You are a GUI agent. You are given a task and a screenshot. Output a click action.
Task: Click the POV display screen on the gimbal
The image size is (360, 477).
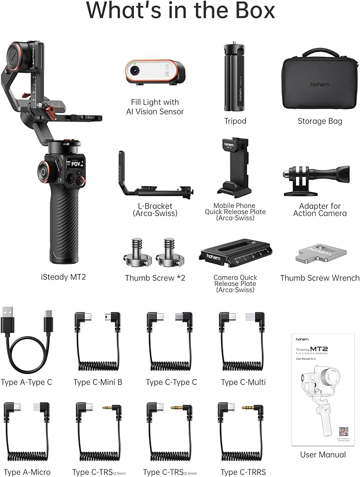pyautogui.click(x=75, y=165)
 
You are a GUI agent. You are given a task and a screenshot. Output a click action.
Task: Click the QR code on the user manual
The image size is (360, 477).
pyautogui.click(x=343, y=431)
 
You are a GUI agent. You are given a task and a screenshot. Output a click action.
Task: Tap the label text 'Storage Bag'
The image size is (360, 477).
pyautogui.click(x=320, y=121)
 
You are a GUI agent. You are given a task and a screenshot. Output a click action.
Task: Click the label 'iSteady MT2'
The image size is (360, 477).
pyautogui.click(x=63, y=277)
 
